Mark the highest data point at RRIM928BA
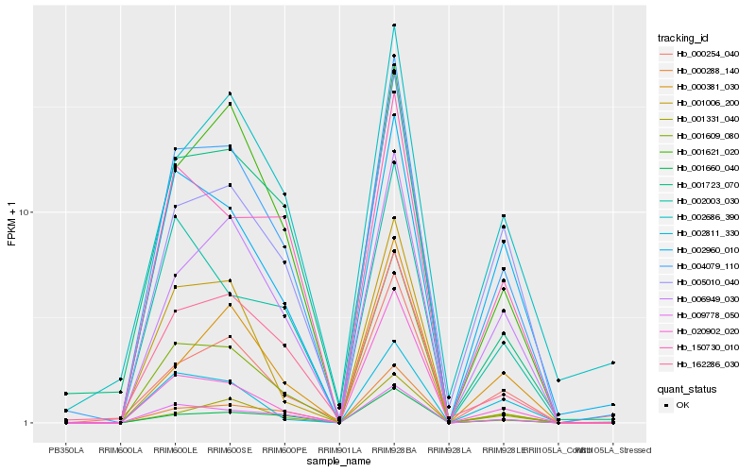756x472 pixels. (393, 25)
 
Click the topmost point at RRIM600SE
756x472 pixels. (230, 93)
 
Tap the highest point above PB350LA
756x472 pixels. (66, 394)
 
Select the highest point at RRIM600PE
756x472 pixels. (283, 194)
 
